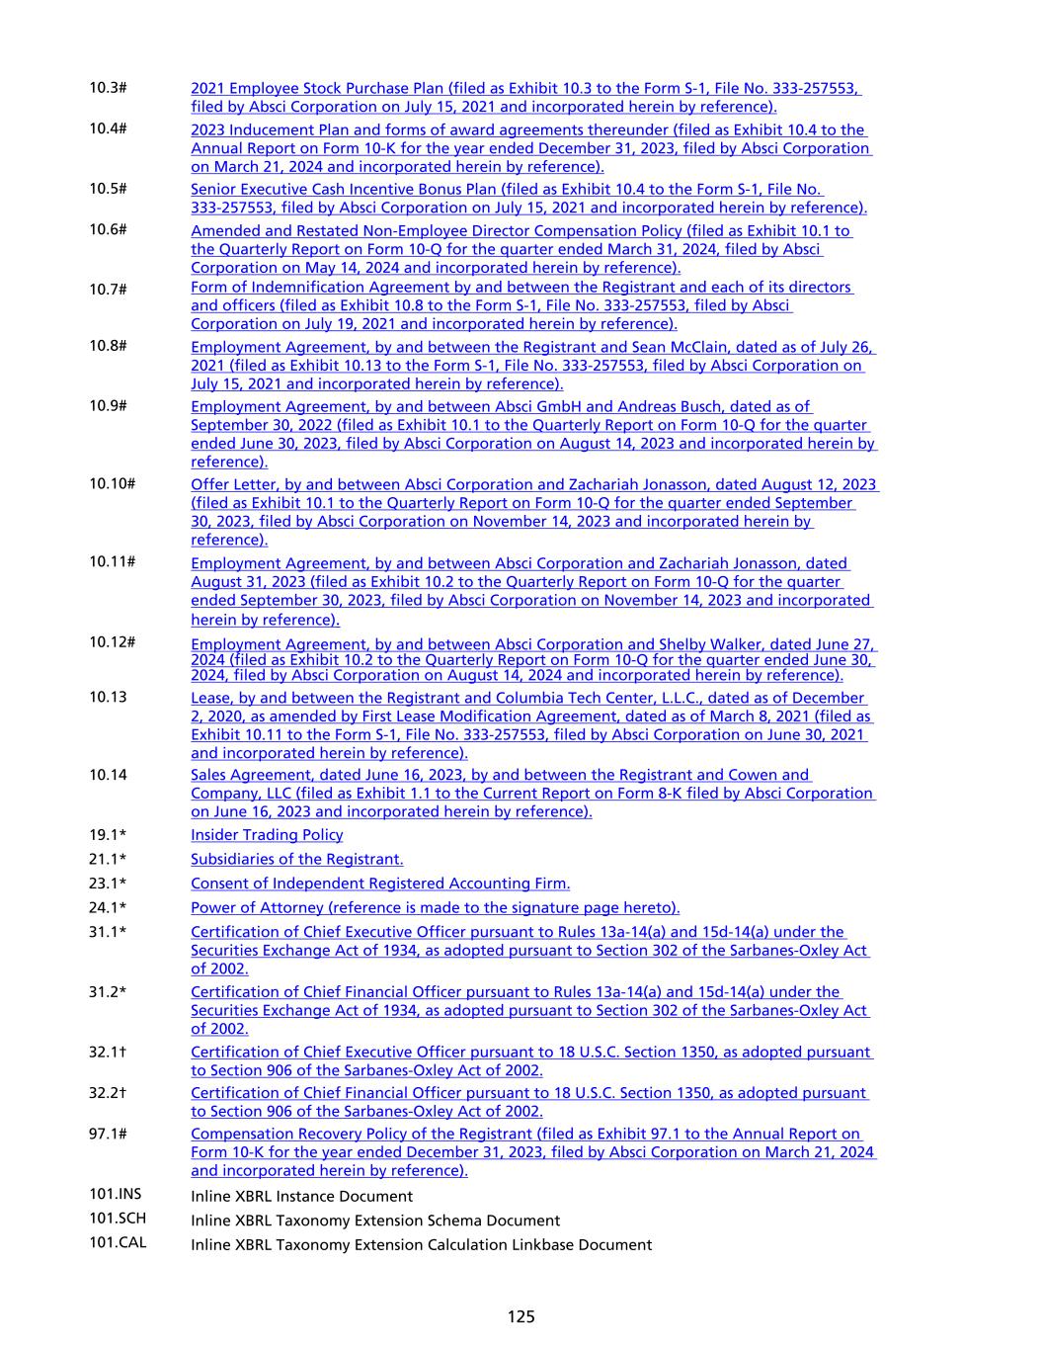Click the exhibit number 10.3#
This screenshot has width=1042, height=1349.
click(108, 88)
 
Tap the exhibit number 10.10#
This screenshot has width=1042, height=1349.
click(112, 483)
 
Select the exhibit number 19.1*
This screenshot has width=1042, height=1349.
click(108, 835)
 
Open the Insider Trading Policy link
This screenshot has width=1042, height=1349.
click(267, 835)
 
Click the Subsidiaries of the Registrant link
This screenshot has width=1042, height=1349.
click(296, 860)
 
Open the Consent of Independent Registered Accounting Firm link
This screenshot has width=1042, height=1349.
click(380, 884)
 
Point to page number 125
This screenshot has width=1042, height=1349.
click(521, 1316)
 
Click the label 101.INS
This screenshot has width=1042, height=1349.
click(116, 1195)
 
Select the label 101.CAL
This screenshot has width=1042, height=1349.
click(118, 1243)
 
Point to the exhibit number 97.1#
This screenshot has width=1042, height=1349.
click(108, 1134)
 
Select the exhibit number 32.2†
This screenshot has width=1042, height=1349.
click(108, 1093)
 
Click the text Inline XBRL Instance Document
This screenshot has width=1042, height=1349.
click(301, 1196)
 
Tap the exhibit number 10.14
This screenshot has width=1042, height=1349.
click(108, 775)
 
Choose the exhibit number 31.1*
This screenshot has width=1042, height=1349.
click(108, 932)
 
